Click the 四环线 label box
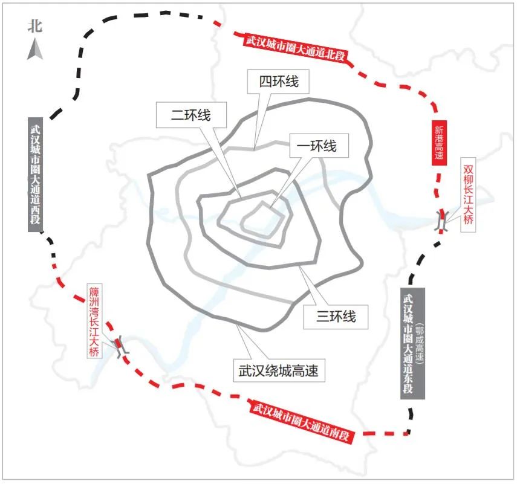tap(278, 82)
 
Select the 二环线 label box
tap(191, 115)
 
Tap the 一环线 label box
tap(319, 146)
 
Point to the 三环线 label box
tap(336, 317)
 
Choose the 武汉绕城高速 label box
tap(279, 370)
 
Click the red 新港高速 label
tap(439, 143)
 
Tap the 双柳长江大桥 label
tap(468, 195)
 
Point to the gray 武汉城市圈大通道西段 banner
tap(35, 174)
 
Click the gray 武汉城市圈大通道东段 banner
tap(412, 344)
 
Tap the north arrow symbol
tap(35, 49)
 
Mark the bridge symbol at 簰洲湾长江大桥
tap(121, 346)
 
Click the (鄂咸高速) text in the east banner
tap(419, 344)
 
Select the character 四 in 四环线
tap(265, 82)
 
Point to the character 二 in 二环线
tap(177, 115)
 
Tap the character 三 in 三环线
tap(322, 317)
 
